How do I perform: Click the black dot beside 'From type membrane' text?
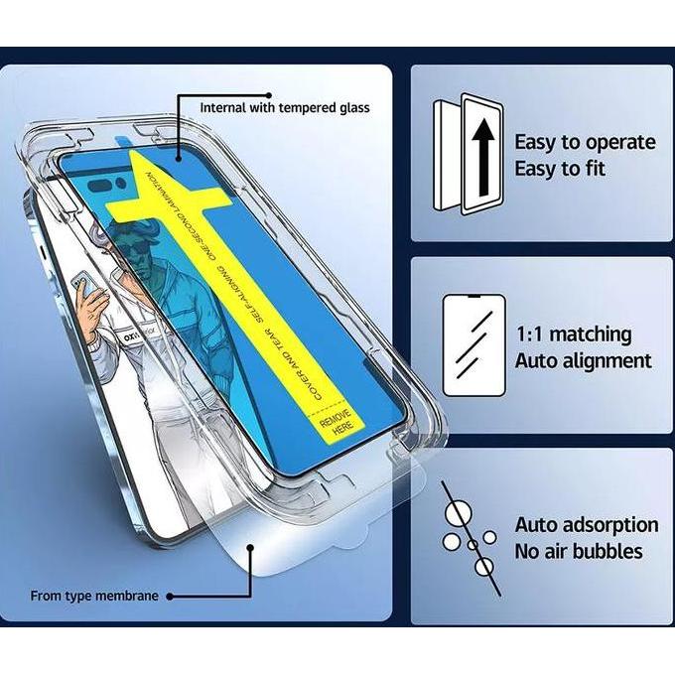pos(169,596)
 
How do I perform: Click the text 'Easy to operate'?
pos(585,142)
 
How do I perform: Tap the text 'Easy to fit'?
pos(560,169)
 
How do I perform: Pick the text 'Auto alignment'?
pos(583,360)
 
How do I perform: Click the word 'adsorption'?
pos(615,524)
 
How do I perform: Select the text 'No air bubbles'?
pos(578,551)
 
